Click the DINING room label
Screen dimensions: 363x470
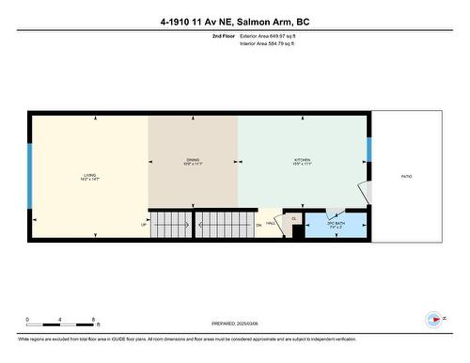(193, 161)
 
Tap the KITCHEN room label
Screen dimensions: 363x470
(303, 161)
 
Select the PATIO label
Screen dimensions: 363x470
(407, 176)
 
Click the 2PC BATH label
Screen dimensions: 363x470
(337, 226)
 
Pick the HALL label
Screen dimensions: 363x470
(271, 223)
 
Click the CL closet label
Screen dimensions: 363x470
(293, 219)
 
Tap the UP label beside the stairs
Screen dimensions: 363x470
(144, 224)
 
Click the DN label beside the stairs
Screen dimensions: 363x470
(258, 225)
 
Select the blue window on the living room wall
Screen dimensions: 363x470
(30, 176)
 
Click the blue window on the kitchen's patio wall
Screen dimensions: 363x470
(369, 150)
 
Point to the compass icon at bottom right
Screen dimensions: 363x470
(433, 319)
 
